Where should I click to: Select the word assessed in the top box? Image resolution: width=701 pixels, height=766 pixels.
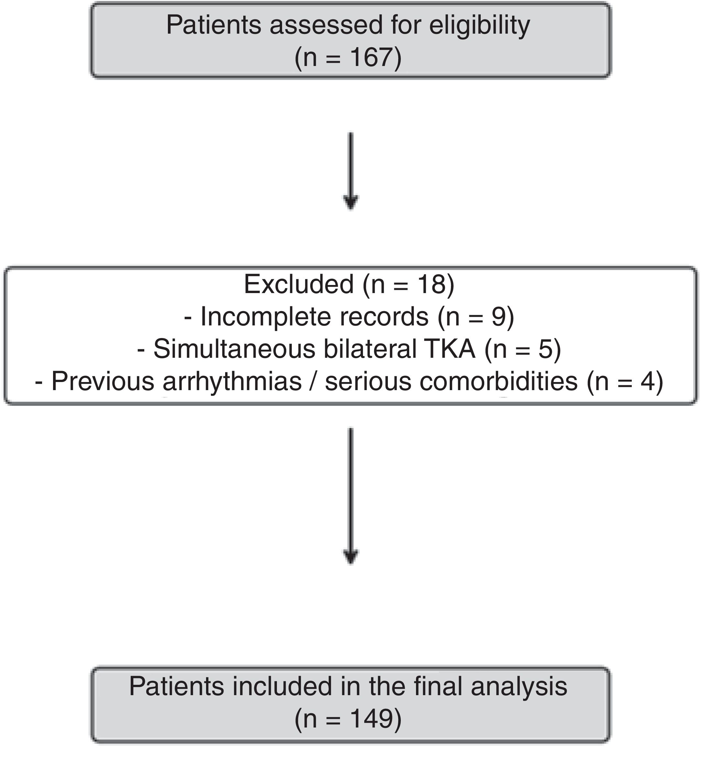click(x=326, y=26)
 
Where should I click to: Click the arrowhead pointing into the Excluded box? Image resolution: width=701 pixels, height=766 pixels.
click(x=351, y=202)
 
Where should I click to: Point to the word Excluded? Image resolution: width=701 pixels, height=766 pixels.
click(x=299, y=284)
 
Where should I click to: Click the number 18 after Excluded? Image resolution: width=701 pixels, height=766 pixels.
click(x=431, y=284)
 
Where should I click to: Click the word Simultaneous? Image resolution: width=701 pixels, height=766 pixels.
click(x=235, y=349)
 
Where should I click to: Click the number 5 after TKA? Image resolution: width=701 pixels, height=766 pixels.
click(x=545, y=349)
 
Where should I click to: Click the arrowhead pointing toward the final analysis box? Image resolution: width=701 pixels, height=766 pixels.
click(x=351, y=557)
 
